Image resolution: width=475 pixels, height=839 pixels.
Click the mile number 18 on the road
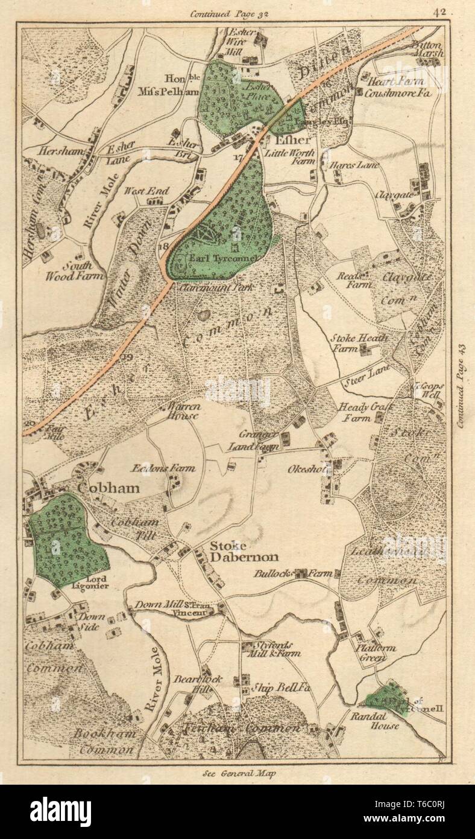click(x=162, y=246)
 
